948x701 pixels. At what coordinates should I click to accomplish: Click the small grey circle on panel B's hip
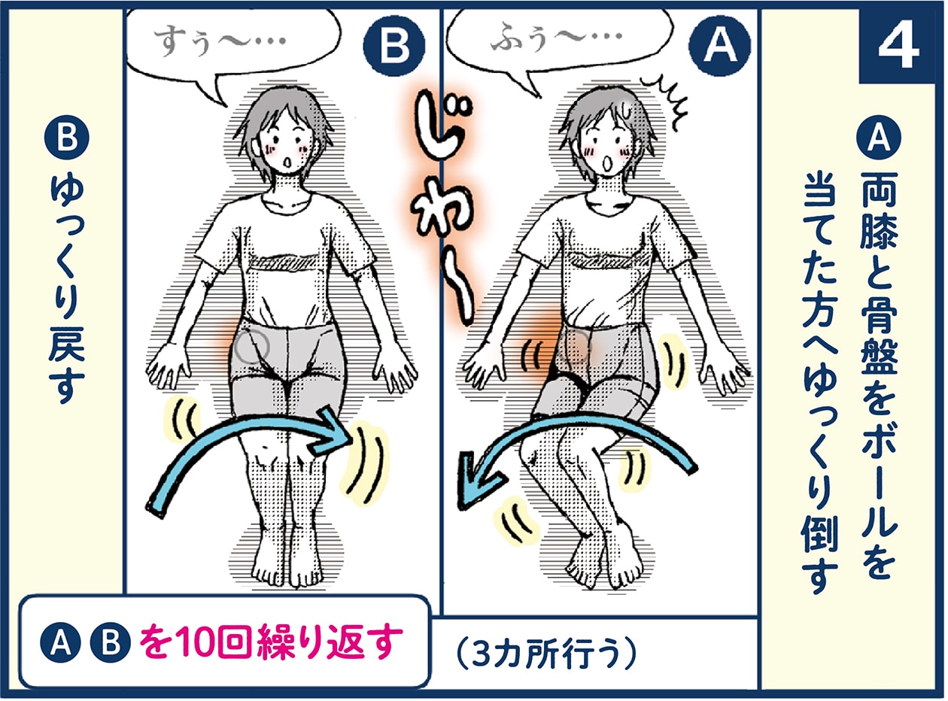(251, 346)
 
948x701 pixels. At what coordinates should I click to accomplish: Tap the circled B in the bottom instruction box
(106, 644)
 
